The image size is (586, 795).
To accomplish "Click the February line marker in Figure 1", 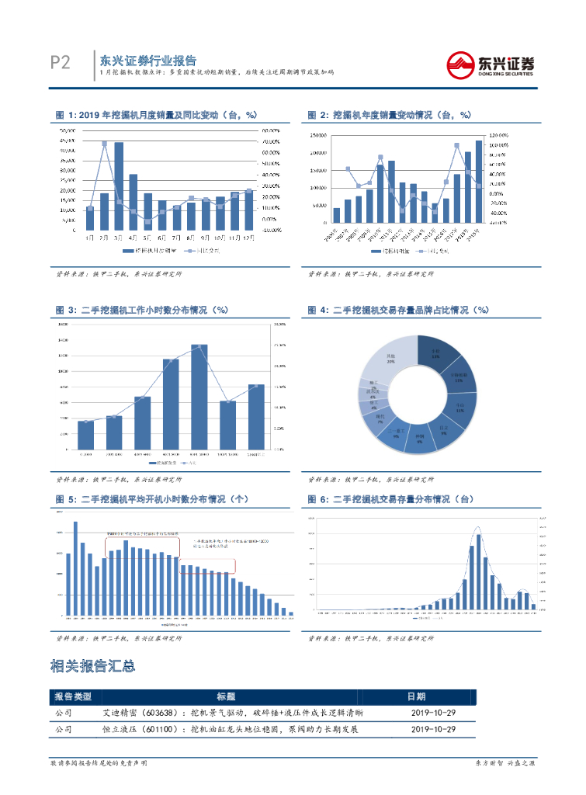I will pyautogui.click(x=104, y=144).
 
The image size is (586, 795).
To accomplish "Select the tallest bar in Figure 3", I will pyautogui.click(x=199, y=397).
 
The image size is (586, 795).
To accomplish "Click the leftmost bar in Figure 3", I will pyautogui.click(x=85, y=435).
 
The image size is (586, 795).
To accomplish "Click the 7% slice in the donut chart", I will pyautogui.click(x=380, y=418).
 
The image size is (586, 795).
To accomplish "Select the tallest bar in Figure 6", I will pyautogui.click(x=478, y=571).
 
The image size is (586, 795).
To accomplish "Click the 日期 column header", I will pyautogui.click(x=416, y=696).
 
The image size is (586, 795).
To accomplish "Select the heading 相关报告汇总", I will pyautogui.click(x=92, y=666).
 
